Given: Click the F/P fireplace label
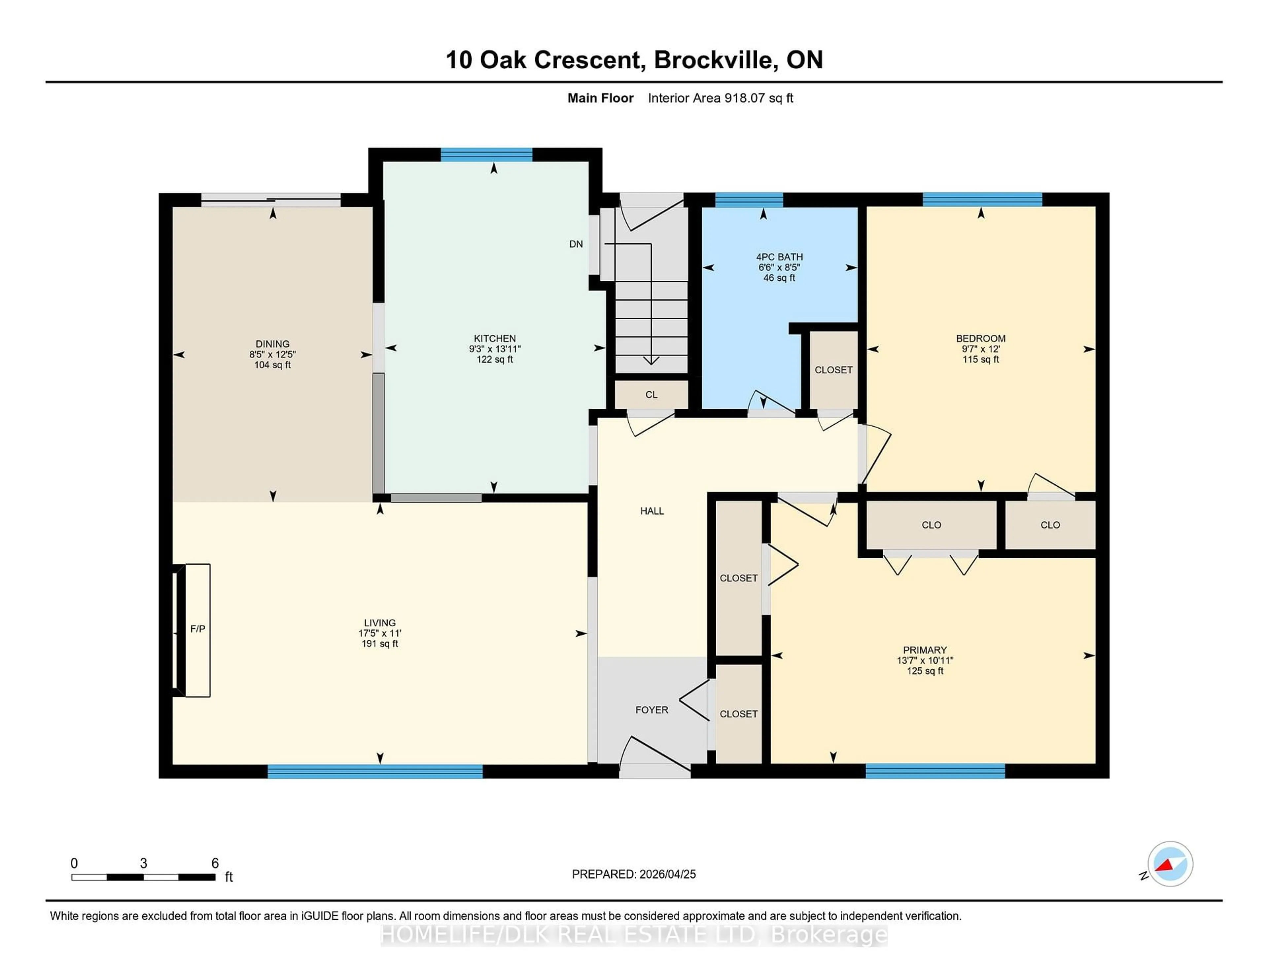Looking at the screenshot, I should [x=197, y=629].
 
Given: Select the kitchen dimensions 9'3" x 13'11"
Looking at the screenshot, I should [x=495, y=349].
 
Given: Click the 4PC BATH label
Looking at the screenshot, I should [x=779, y=257].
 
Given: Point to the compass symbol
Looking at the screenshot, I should [x=1170, y=864].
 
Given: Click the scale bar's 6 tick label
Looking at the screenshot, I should [x=215, y=863].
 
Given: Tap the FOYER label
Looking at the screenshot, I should [x=652, y=710].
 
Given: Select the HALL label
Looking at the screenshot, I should [x=652, y=511].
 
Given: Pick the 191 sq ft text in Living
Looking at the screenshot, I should [x=380, y=644].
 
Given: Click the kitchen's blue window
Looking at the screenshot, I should [x=486, y=155].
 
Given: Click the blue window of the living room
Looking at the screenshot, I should [x=375, y=771].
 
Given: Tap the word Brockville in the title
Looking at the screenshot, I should [x=715, y=60].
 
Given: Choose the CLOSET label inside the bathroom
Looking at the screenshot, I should [x=833, y=370].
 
